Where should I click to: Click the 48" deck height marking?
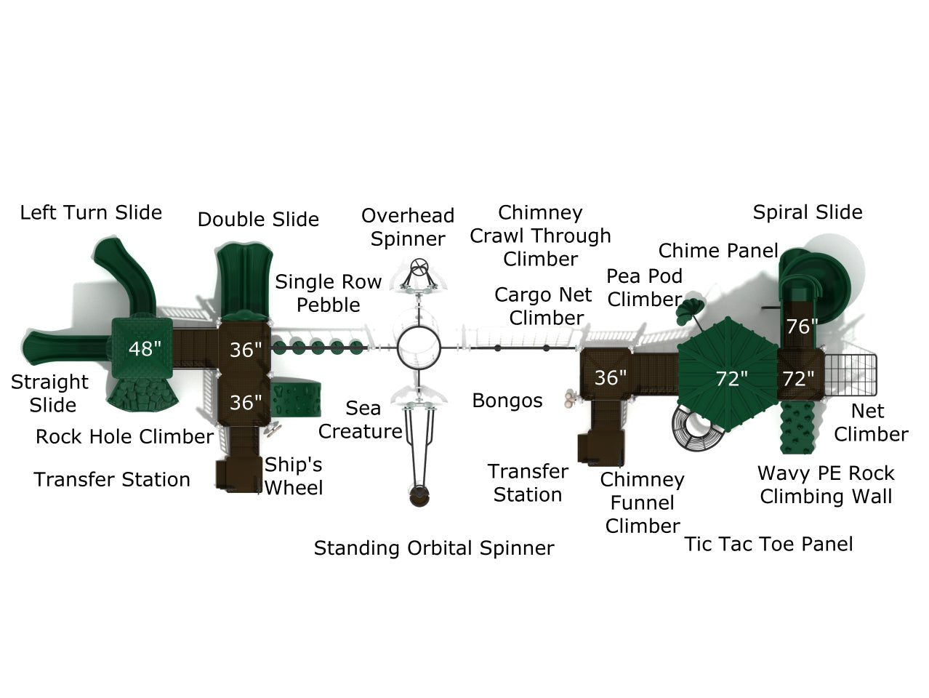click(x=144, y=349)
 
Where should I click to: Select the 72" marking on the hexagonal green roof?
click(x=731, y=379)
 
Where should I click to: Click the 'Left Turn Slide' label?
click(x=91, y=212)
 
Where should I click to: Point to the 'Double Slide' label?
click(x=258, y=219)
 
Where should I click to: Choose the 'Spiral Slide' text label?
click(x=807, y=212)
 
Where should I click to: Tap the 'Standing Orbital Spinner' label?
click(x=433, y=547)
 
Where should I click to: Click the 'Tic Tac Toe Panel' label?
click(x=768, y=544)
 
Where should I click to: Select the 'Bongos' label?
click(x=507, y=401)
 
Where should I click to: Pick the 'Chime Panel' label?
click(x=717, y=251)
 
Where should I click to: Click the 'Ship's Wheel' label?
click(x=293, y=476)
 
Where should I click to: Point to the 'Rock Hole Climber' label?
click(x=124, y=436)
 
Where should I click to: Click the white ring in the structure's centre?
click(x=419, y=348)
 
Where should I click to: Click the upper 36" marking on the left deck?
click(x=245, y=350)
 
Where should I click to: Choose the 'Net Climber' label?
click(x=869, y=422)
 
